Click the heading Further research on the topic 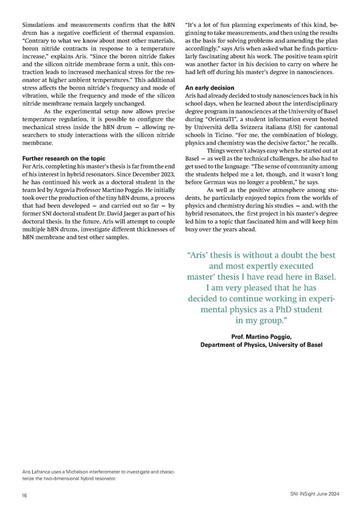tap(63, 158)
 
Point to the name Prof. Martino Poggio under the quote tap(260, 336)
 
